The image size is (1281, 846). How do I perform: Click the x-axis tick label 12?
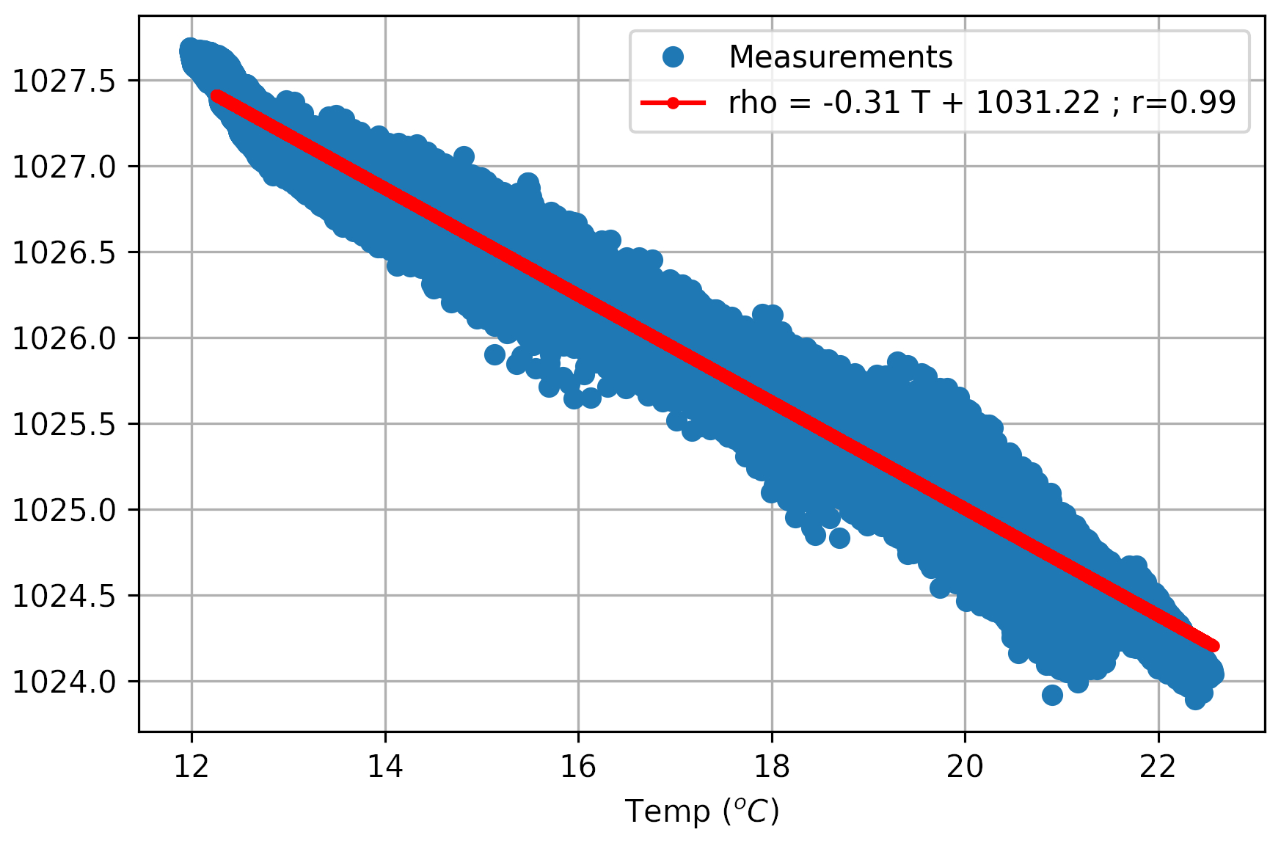pos(191,767)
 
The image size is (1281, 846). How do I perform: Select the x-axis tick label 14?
pos(385,767)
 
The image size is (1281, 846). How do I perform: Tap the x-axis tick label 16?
pos(578,767)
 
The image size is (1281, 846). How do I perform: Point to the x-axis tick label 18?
pos(772,767)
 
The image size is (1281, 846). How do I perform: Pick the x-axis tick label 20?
pos(965,767)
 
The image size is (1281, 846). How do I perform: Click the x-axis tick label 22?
pos(1158,767)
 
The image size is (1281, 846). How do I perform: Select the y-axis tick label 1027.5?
pos(65,81)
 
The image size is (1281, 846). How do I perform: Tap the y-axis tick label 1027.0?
pos(65,167)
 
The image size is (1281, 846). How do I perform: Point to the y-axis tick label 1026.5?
pos(65,252)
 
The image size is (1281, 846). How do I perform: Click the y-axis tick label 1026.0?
pos(65,338)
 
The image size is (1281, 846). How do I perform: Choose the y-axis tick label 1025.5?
pos(65,424)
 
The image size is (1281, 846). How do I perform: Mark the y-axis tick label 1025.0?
pos(65,510)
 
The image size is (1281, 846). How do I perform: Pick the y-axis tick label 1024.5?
pos(65,596)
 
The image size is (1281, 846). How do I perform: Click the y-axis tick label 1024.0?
pos(65,682)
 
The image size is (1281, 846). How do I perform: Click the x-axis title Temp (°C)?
pos(701,812)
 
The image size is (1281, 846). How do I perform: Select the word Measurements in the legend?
pos(840,57)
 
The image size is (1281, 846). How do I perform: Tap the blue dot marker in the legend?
pos(673,57)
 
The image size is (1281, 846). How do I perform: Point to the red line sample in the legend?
pos(673,103)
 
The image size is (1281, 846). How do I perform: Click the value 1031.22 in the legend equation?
pos(1037,103)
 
